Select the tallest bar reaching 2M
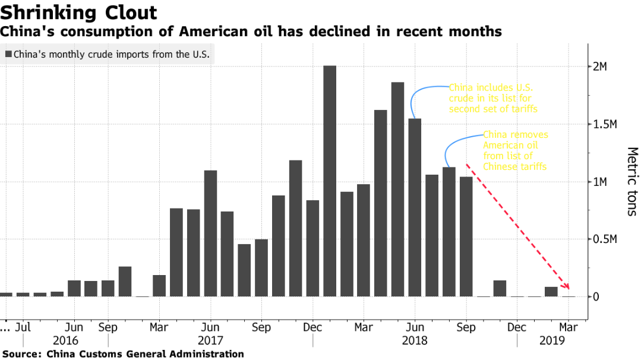[x=330, y=181]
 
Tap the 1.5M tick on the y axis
[x=606, y=124]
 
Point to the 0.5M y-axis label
[x=606, y=239]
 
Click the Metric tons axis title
[x=631, y=181]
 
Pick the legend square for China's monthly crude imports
[x=8, y=55]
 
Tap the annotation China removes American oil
[x=515, y=151]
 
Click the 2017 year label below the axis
[x=210, y=341]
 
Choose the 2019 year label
[x=552, y=341]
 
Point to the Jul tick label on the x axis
[x=23, y=327]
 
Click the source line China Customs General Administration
[x=122, y=354]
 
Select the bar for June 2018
[x=415, y=207]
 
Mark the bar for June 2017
[x=210, y=233]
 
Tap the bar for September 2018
[x=466, y=236]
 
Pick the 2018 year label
[x=415, y=341]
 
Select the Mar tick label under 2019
[x=569, y=327]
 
